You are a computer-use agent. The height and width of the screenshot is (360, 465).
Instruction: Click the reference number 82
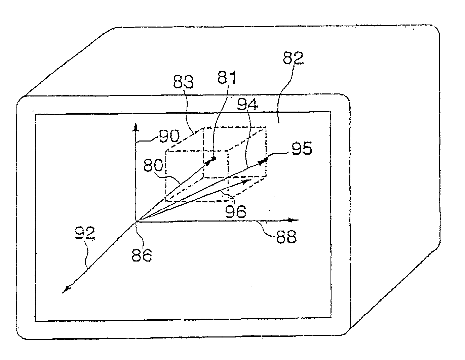tap(293, 58)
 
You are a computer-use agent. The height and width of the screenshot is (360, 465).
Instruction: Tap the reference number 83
tap(183, 82)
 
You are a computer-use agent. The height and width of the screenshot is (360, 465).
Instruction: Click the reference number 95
tap(301, 149)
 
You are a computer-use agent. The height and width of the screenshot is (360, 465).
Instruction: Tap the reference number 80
tap(154, 166)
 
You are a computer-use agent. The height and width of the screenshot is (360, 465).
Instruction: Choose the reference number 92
tap(85, 233)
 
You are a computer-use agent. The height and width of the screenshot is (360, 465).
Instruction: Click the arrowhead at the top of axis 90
tap(136, 127)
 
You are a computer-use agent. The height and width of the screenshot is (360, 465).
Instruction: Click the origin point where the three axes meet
tap(136, 221)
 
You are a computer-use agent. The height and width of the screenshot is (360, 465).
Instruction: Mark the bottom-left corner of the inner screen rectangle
tap(36, 321)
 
